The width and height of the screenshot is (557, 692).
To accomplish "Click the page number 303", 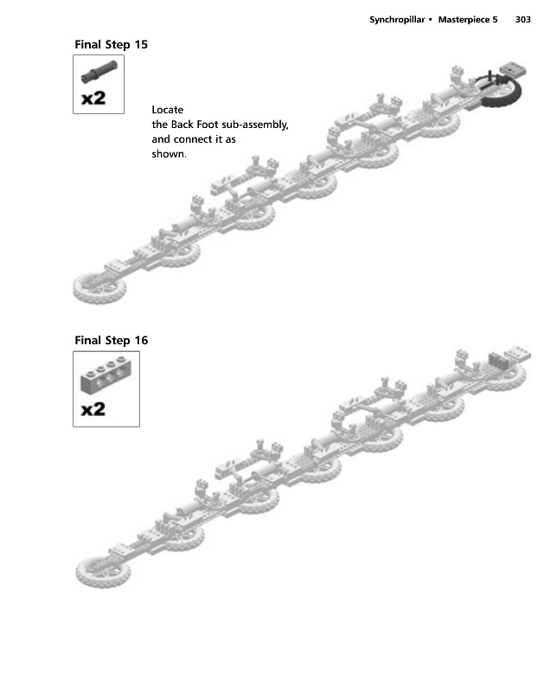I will click(x=522, y=19).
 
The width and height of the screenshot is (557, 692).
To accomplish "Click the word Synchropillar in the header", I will click(x=397, y=19).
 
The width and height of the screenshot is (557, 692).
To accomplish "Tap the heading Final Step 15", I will click(x=111, y=44).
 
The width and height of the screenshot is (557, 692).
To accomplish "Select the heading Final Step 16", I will click(x=111, y=340).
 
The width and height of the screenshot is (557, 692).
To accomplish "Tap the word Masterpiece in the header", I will click(x=468, y=19).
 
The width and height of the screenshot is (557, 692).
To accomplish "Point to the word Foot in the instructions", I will click(x=208, y=125).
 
